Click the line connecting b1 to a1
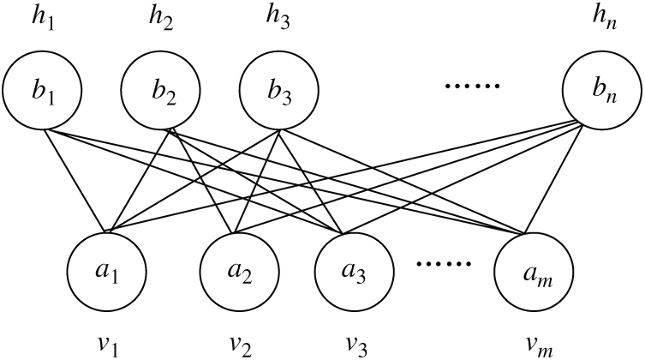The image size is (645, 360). tap(77, 180)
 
